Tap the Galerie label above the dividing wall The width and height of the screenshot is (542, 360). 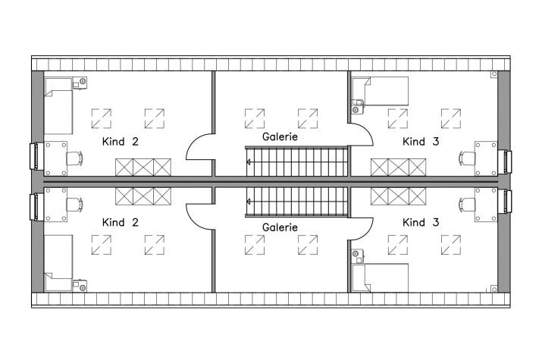click(x=279, y=137)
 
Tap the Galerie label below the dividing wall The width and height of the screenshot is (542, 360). click(x=279, y=227)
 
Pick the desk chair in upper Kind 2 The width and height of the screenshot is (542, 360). click(x=74, y=157)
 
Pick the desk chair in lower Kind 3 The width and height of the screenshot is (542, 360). click(x=467, y=205)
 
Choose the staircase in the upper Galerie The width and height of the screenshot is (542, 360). click(x=297, y=161)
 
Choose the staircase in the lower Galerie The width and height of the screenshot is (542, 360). click(x=297, y=202)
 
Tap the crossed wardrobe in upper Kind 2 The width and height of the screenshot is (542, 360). click(x=143, y=167)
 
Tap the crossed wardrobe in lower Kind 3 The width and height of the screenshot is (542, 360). click(x=399, y=196)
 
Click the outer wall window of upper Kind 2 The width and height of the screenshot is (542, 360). click(x=34, y=157)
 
